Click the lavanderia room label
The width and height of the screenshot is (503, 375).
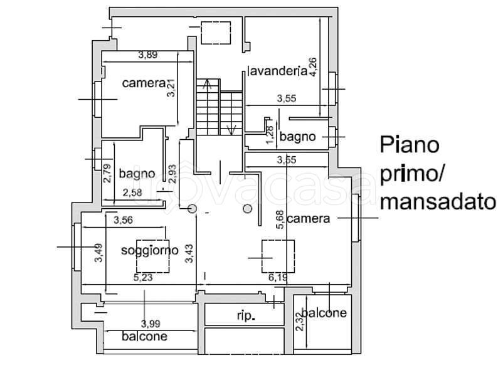278,71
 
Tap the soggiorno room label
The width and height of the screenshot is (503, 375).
149,250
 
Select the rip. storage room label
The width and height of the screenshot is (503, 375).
246,316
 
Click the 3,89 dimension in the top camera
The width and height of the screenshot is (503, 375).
148,55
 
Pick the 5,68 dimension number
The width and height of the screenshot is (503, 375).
280,219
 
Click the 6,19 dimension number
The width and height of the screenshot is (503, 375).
278,277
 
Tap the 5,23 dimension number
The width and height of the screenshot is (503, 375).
143,277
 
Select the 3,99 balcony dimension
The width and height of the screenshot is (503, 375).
151,324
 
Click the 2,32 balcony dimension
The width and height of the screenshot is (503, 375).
299,322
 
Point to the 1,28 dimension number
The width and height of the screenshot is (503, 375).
270,135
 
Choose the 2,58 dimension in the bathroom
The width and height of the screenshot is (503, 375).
132,193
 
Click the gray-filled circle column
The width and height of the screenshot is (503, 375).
247,209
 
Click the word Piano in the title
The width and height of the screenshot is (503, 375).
410,145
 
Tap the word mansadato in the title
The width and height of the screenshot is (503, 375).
438,203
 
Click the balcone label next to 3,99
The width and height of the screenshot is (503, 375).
145,336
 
